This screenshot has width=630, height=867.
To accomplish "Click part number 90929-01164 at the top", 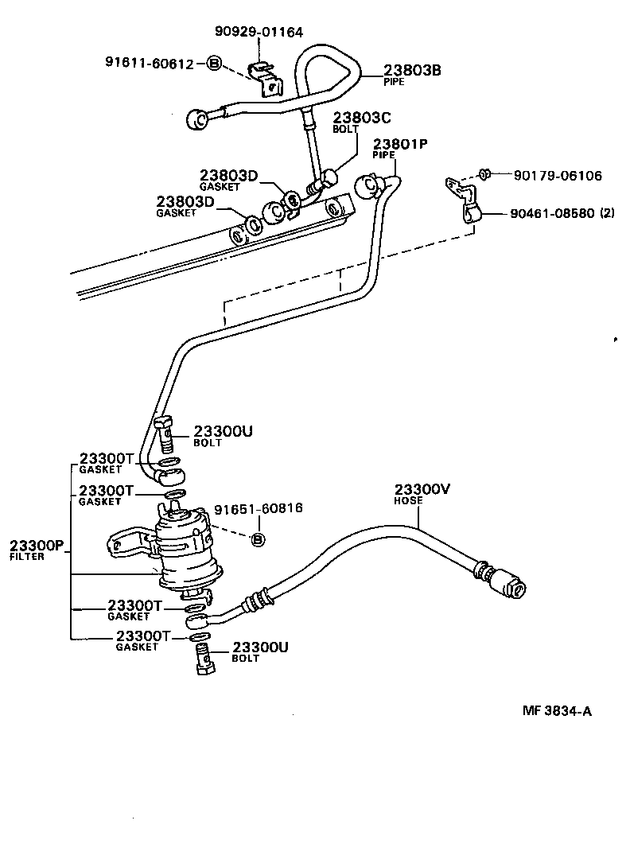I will pyautogui.click(x=259, y=33).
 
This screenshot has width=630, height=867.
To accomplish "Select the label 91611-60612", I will pyautogui.click(x=149, y=64).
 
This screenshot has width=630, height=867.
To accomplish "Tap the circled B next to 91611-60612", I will pyautogui.click(x=213, y=64).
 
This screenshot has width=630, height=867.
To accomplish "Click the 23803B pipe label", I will pyautogui.click(x=412, y=71).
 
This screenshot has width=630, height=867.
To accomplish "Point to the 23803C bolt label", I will pyautogui.click(x=362, y=119).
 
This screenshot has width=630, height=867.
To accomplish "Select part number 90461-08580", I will pyautogui.click(x=552, y=214).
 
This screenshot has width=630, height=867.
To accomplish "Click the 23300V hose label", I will pyautogui.click(x=422, y=490).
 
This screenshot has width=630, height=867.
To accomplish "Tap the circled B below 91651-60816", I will pyautogui.click(x=258, y=540).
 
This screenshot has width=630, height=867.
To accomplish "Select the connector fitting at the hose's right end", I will pyautogui.click(x=507, y=582).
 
